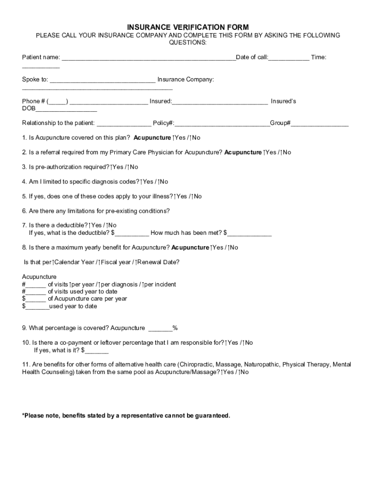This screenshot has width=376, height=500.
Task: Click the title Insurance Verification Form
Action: point(188,27)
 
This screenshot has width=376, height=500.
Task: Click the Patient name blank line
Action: point(148,58)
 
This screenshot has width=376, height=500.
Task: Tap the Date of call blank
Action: point(289,58)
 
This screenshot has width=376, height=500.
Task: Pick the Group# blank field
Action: point(320,124)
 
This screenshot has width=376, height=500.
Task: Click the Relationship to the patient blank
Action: point(124,124)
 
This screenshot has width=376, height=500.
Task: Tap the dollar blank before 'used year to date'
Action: point(37,307)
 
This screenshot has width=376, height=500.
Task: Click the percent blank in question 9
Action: point(160,328)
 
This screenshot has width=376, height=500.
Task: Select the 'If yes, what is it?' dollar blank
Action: point(97,351)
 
